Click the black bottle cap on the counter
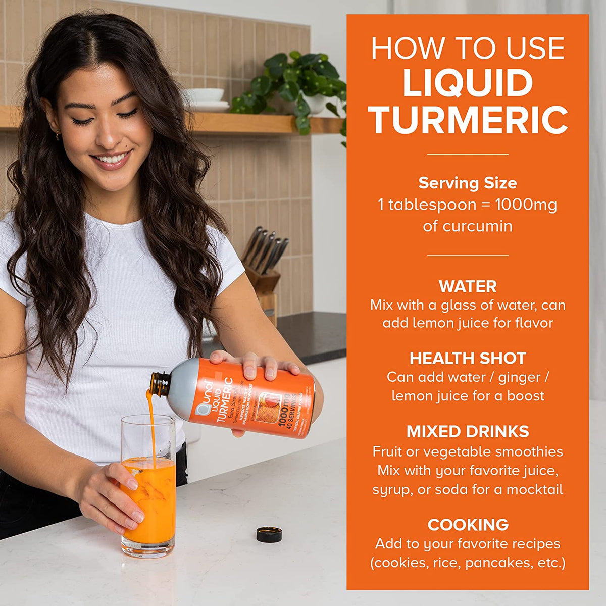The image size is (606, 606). (269, 534)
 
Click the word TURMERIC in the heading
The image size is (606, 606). (468, 120)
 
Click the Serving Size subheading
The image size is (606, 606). (468, 183)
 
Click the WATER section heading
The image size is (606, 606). (468, 286)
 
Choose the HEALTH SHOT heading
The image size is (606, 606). (468, 358)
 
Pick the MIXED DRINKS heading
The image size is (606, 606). (468, 431)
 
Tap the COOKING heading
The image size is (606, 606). (468, 525)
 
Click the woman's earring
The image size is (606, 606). (58, 135)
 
